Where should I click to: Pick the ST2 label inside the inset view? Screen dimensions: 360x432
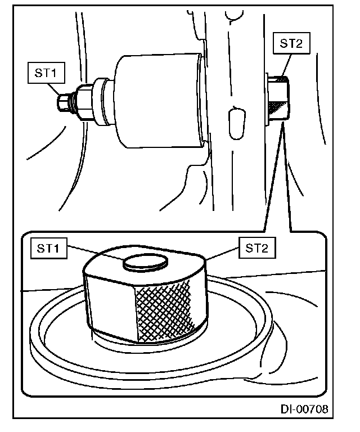[x=258, y=248]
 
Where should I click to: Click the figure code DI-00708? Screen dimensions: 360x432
[x=304, y=409]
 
